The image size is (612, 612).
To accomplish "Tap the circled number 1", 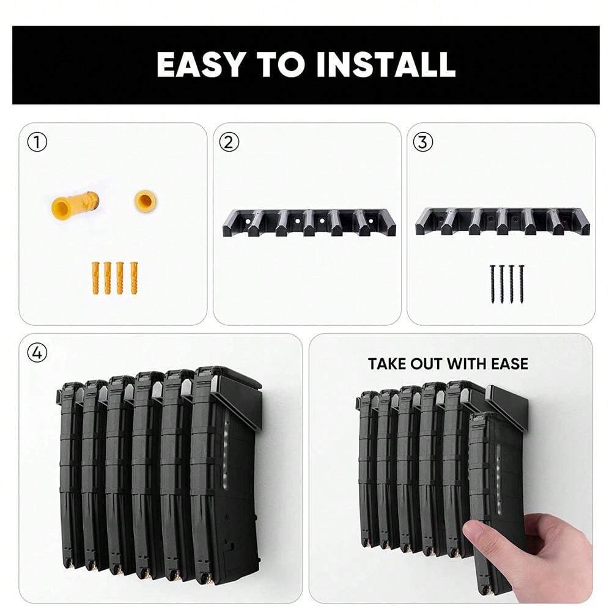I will click(37, 142).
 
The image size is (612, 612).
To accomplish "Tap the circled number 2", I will click(229, 142).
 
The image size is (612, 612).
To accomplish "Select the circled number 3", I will click(422, 142).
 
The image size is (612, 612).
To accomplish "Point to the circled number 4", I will click(37, 353).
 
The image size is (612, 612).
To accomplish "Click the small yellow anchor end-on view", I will click(144, 200).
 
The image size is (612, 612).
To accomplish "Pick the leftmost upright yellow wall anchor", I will click(95, 278).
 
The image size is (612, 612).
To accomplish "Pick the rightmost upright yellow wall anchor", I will click(133, 278).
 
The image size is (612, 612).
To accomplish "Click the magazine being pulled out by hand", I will click(495, 483).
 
